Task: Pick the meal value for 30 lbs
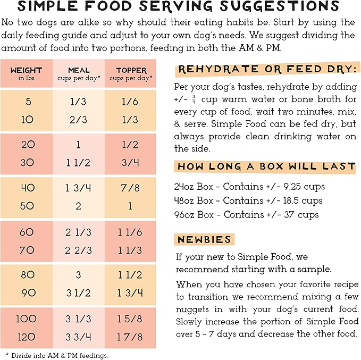point(79,163)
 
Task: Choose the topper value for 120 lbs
point(131,337)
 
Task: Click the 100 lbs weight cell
point(27,320)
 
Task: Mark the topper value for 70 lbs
point(131,250)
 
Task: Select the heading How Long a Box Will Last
point(266,166)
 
